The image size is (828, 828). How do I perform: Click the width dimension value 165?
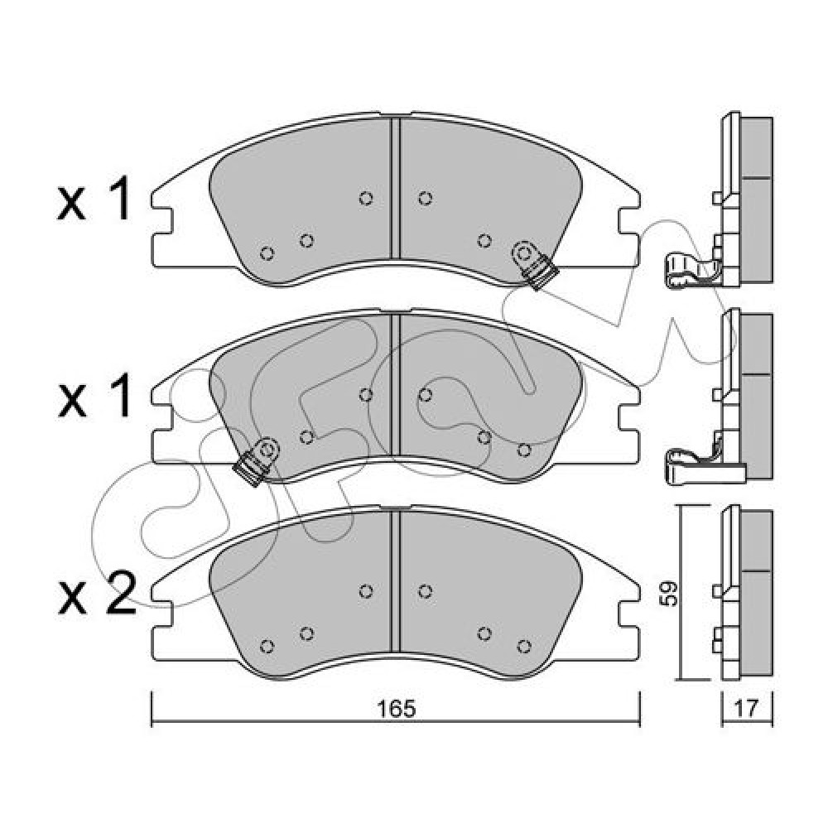(x=397, y=709)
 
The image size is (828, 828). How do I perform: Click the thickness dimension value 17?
(x=746, y=709)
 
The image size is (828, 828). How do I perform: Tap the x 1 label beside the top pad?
(x=94, y=199)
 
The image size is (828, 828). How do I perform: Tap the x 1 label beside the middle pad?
(x=94, y=395)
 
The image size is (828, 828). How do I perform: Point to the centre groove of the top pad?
(x=395, y=188)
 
